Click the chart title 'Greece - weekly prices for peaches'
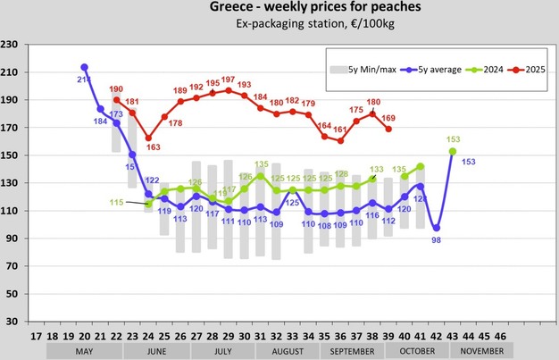pyautogui.click(x=279, y=8)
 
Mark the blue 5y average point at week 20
pyautogui.click(x=84, y=67)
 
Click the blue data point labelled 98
pyautogui.click(x=436, y=228)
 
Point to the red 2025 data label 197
pyautogui.click(x=229, y=80)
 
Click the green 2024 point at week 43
pyautogui.click(x=453, y=151)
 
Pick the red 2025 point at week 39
pyautogui.click(x=388, y=129)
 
